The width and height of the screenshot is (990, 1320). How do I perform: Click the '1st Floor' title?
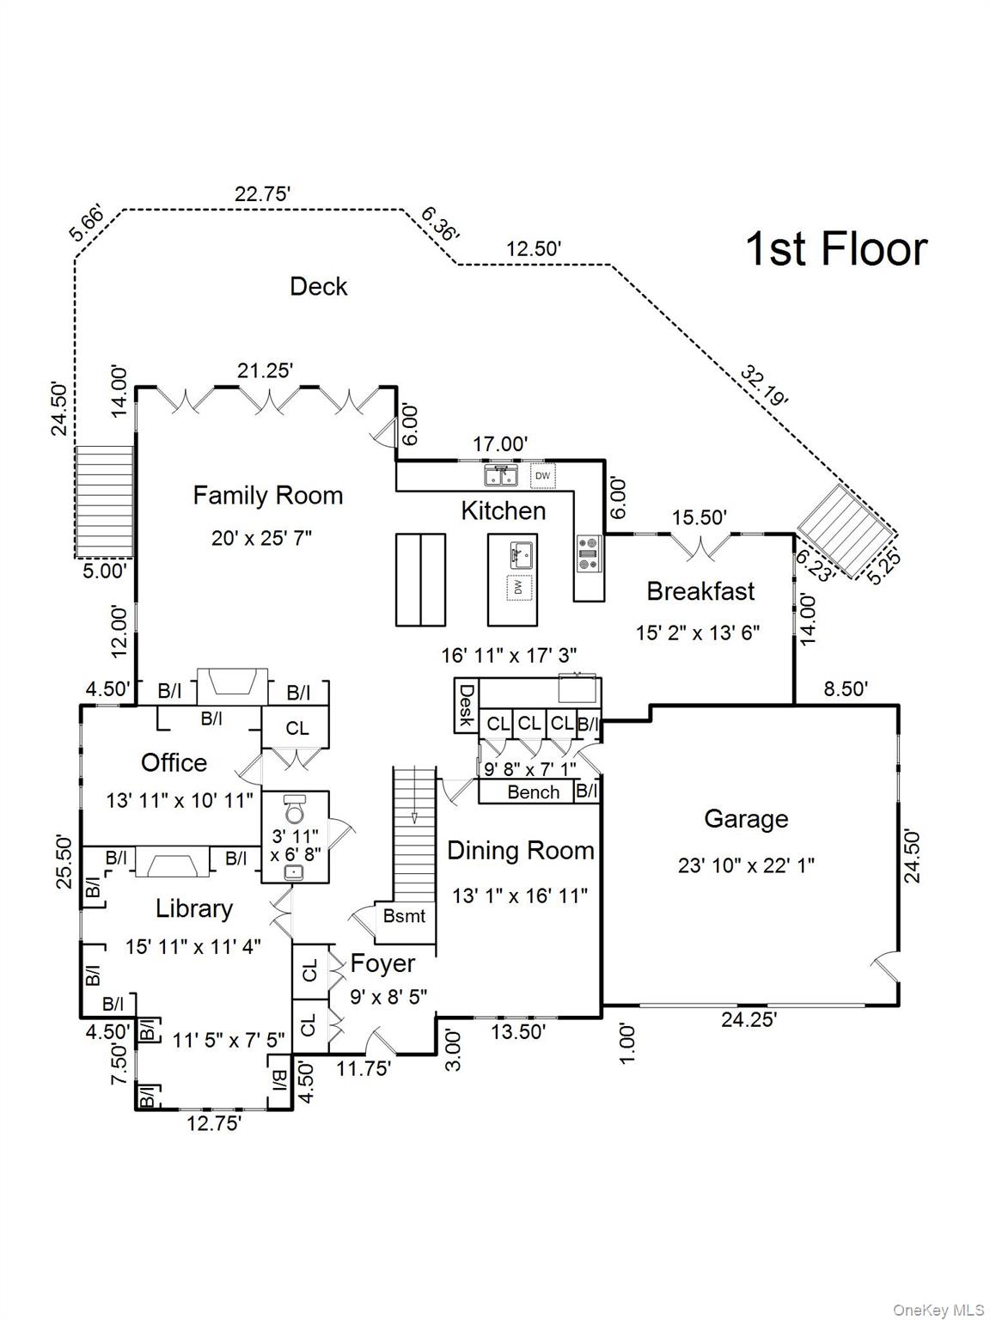(x=835, y=248)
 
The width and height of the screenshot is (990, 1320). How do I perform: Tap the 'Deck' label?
(x=318, y=286)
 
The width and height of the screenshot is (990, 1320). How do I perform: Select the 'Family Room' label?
(x=267, y=495)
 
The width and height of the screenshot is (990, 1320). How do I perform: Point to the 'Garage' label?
(x=746, y=819)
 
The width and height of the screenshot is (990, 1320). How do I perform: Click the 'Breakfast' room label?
(x=700, y=591)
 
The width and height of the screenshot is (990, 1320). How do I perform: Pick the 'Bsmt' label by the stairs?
(x=404, y=916)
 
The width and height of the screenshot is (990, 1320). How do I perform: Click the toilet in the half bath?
(x=295, y=810)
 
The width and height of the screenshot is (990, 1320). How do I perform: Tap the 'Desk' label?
(x=467, y=705)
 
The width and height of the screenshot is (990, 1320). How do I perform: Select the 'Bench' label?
(x=533, y=792)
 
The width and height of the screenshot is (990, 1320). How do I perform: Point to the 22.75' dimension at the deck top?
(x=262, y=194)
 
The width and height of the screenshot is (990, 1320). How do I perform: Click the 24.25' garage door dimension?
(x=749, y=1020)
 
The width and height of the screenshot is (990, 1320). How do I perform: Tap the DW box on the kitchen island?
(x=518, y=588)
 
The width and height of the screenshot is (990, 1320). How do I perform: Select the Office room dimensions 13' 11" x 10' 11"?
(x=180, y=800)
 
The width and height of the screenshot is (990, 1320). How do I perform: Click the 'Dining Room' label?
(x=521, y=851)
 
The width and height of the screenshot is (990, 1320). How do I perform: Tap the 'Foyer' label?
(x=382, y=964)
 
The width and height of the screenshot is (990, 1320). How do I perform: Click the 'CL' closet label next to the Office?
(x=296, y=729)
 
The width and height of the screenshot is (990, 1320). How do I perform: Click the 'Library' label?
(x=194, y=908)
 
